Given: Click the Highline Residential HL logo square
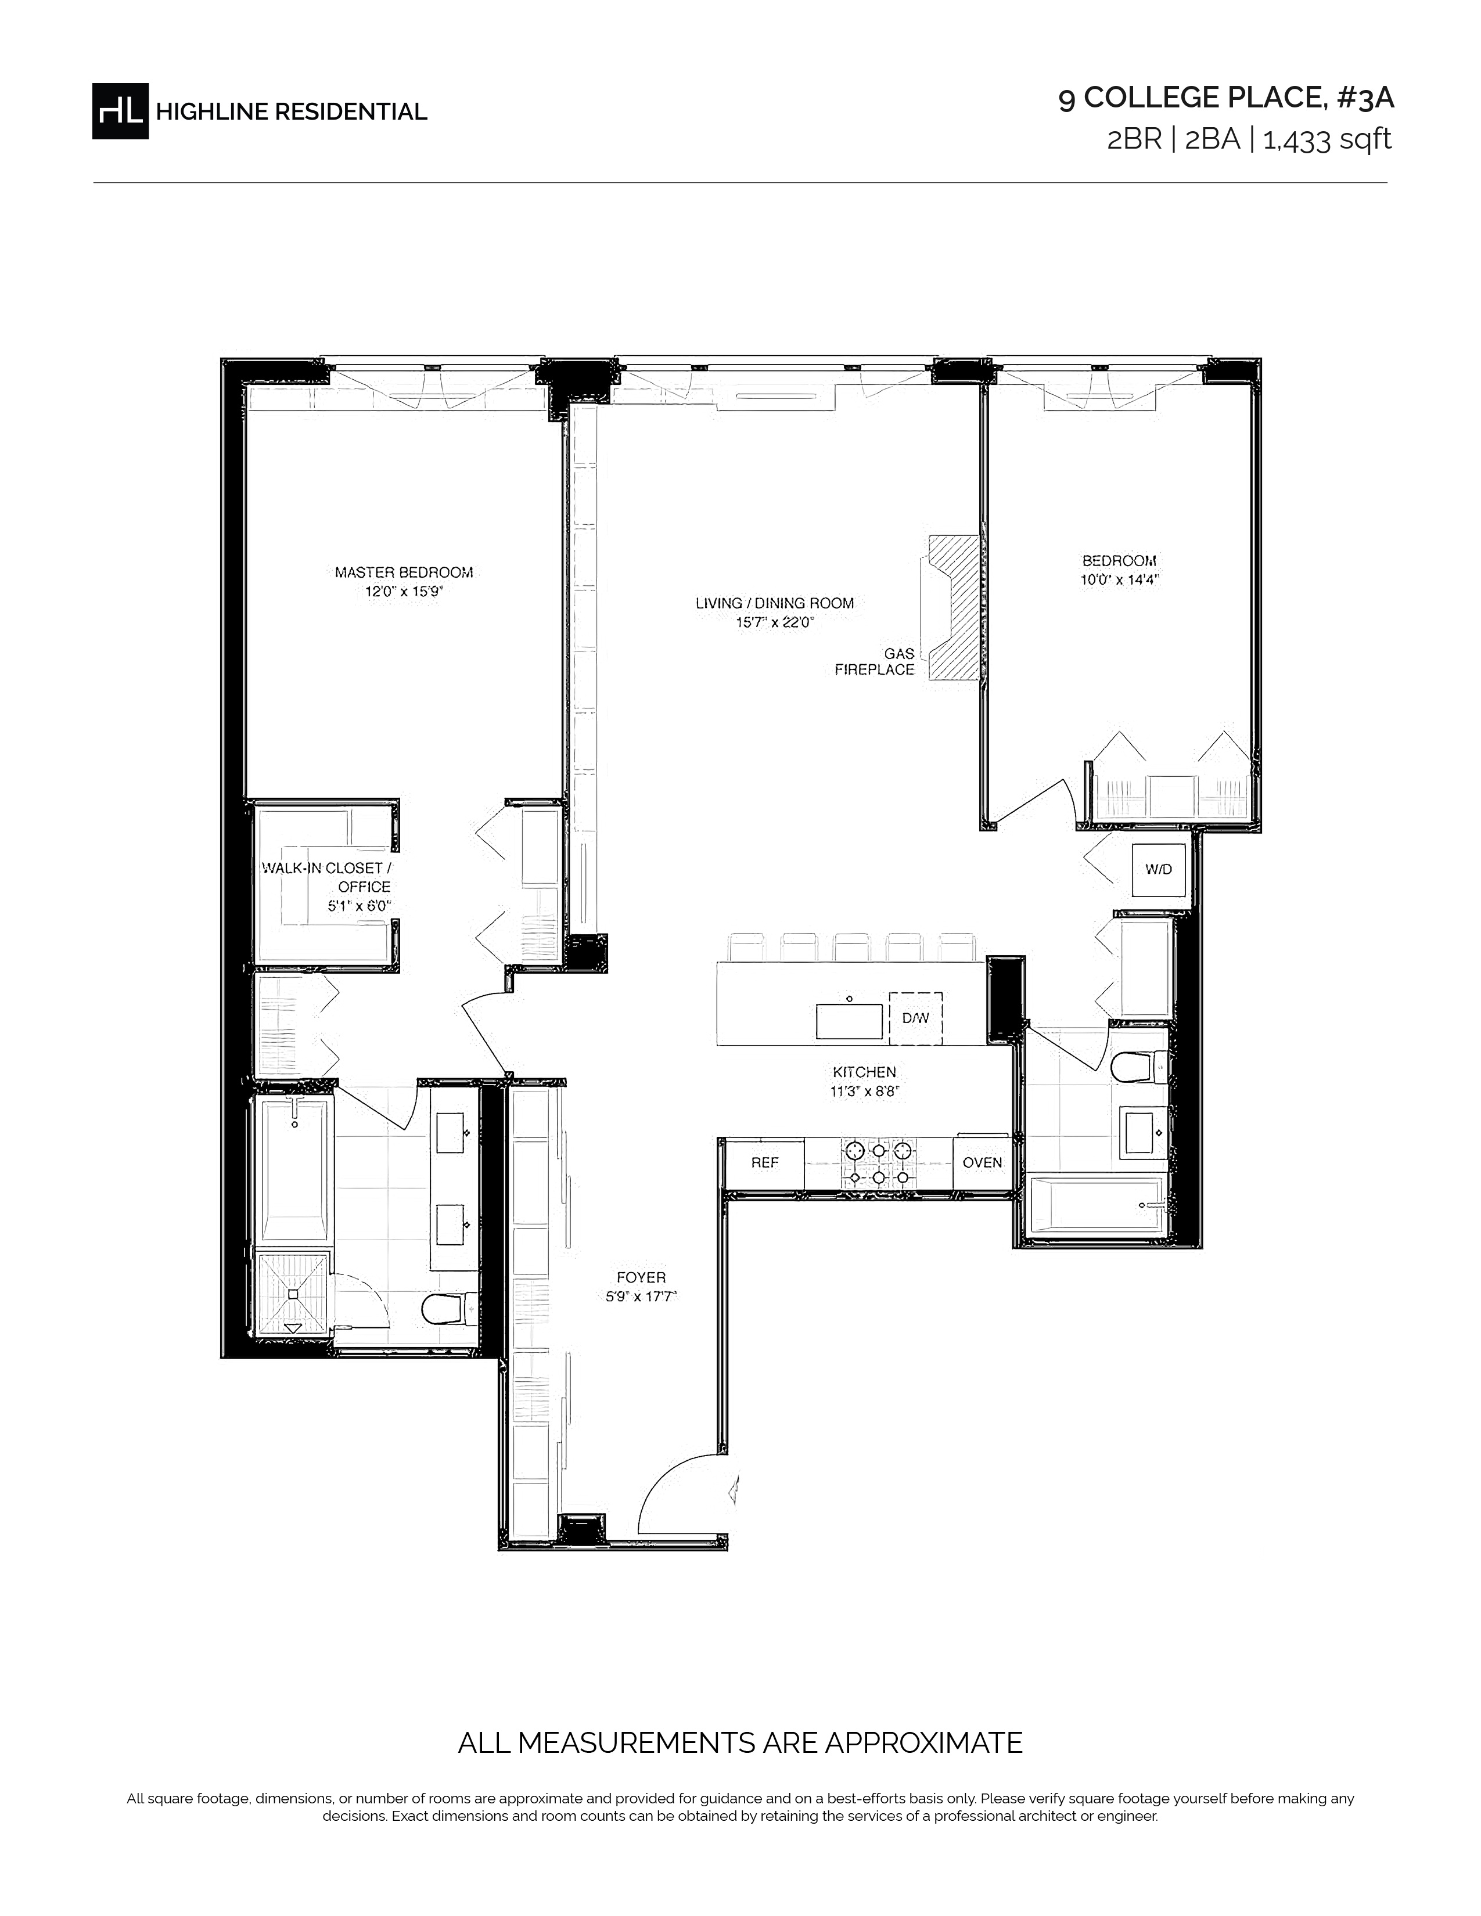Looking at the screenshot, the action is point(120,110).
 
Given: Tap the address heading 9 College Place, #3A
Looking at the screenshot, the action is point(1225,98).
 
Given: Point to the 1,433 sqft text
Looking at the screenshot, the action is point(1327,139).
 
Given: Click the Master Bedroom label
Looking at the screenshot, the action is point(404,572).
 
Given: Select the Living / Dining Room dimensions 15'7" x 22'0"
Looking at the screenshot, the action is point(775,623).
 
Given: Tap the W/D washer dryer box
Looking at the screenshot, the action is point(1158,869).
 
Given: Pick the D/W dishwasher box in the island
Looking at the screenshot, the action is point(915,1018).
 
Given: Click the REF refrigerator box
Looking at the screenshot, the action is point(764,1162).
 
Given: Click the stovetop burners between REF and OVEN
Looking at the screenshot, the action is point(878,1164).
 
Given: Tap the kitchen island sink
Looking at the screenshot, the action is point(849,1021).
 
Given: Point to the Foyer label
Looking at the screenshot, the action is point(641,1277).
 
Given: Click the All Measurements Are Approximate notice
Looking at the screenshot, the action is point(740,1741).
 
